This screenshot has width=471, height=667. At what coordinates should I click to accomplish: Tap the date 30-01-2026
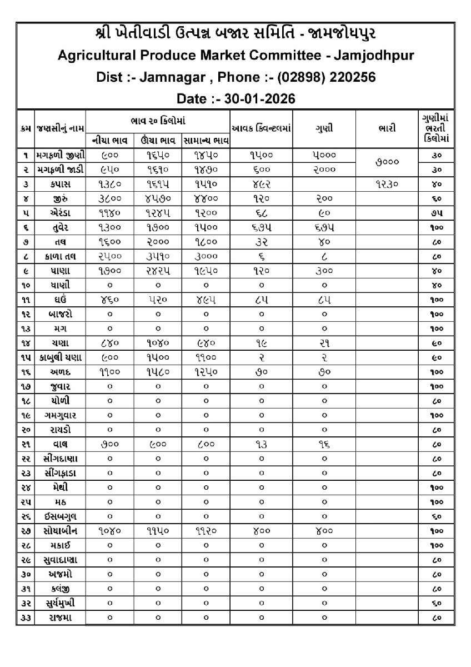pos(254,99)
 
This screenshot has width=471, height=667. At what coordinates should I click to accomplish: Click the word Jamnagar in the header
pos(168,77)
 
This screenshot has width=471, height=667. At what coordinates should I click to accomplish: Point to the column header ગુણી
pos(324,128)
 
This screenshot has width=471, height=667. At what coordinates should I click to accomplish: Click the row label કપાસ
pos(61,183)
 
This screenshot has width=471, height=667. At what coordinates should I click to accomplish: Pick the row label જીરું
pos(61,197)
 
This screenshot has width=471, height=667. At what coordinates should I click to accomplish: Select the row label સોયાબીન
pos(61,531)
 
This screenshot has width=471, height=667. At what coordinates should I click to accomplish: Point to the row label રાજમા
pos(61,618)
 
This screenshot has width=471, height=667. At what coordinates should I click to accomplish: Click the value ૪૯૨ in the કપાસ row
pos(261,183)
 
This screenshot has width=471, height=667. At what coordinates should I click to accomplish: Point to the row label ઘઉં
pos(61,298)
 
